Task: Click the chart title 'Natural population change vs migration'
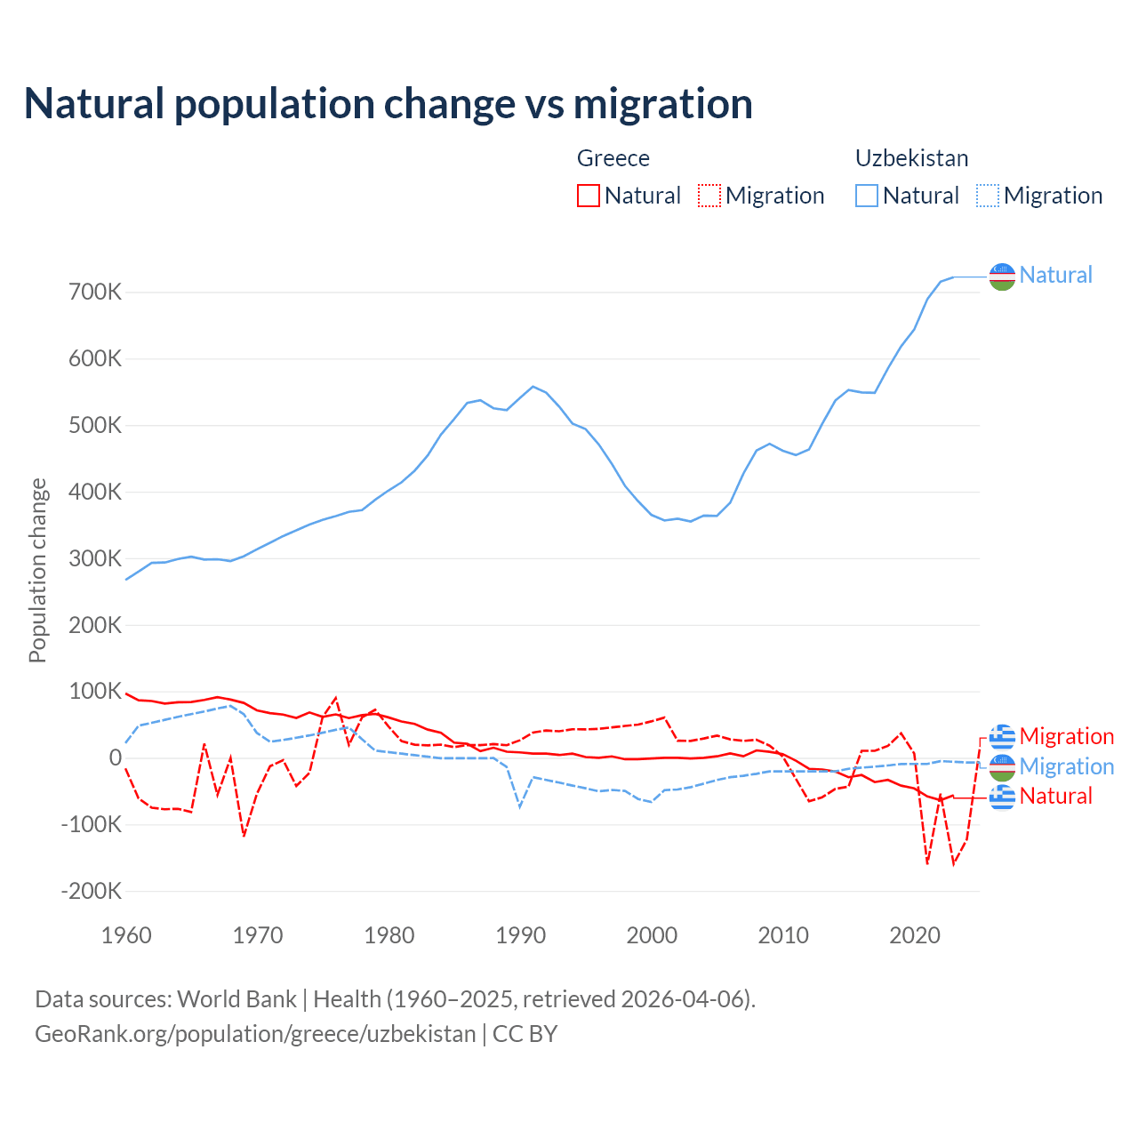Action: coord(389,104)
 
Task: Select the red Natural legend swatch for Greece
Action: coord(589,196)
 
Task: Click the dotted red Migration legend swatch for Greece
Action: coord(709,196)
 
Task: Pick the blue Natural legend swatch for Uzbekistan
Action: coord(867,196)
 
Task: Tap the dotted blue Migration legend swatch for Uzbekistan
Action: coord(988,196)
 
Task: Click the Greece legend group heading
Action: coord(613,158)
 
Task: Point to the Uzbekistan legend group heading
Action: coord(911,158)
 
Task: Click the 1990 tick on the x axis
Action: coord(521,935)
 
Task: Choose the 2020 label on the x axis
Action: coord(915,935)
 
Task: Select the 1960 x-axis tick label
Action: coord(127,935)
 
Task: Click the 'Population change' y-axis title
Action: coord(37,570)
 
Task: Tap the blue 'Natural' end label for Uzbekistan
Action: coord(1055,275)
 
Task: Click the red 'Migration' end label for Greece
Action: coord(1066,736)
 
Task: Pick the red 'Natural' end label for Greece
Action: coord(1055,796)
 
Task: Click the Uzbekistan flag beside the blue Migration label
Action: coord(1002,766)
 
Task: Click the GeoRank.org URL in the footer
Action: coord(255,1034)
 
